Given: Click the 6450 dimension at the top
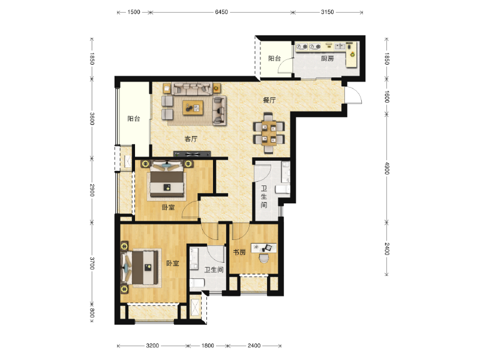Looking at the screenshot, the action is (x=221, y=12).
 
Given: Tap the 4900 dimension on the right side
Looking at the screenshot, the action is (x=387, y=168).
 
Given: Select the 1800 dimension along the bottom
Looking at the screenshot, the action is (x=208, y=346).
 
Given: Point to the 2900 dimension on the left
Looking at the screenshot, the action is (x=92, y=190).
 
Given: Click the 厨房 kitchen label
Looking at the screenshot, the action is (x=327, y=58).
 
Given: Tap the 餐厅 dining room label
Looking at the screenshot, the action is (x=269, y=100).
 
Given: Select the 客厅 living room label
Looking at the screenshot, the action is (x=191, y=139).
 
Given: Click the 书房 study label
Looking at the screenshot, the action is (x=239, y=252).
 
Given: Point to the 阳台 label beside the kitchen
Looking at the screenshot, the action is (x=274, y=58).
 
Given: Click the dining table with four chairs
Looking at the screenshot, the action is (x=269, y=133).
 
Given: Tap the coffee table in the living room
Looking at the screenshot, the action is (x=193, y=108).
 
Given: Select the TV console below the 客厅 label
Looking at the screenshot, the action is (x=192, y=154).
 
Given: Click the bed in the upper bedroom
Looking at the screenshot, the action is (x=167, y=179).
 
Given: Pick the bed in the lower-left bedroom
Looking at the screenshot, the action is (x=142, y=268).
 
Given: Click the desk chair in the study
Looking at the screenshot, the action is (x=263, y=259).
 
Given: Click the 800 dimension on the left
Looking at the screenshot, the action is (x=92, y=313).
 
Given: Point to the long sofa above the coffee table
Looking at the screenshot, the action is (x=192, y=88).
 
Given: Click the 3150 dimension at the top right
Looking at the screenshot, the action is (x=327, y=12).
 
